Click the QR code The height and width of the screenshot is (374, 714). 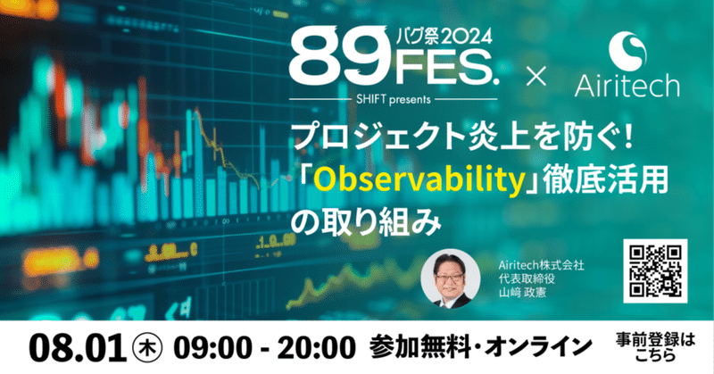(x=655, y=271)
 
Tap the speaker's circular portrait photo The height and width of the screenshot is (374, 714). (x=451, y=278)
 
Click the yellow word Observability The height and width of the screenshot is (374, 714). (x=419, y=180)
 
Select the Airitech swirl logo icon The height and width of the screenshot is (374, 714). (x=627, y=49)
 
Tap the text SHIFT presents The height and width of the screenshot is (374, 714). (x=394, y=99)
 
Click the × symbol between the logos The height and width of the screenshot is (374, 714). (x=536, y=76)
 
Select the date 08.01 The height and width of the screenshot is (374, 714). (x=78, y=348)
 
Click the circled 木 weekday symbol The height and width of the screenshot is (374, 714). (x=146, y=349)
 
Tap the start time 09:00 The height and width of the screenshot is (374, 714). (x=212, y=348)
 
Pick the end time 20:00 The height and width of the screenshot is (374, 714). (x=316, y=348)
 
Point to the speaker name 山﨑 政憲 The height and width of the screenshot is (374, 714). (x=522, y=292)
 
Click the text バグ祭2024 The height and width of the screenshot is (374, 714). (x=444, y=37)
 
